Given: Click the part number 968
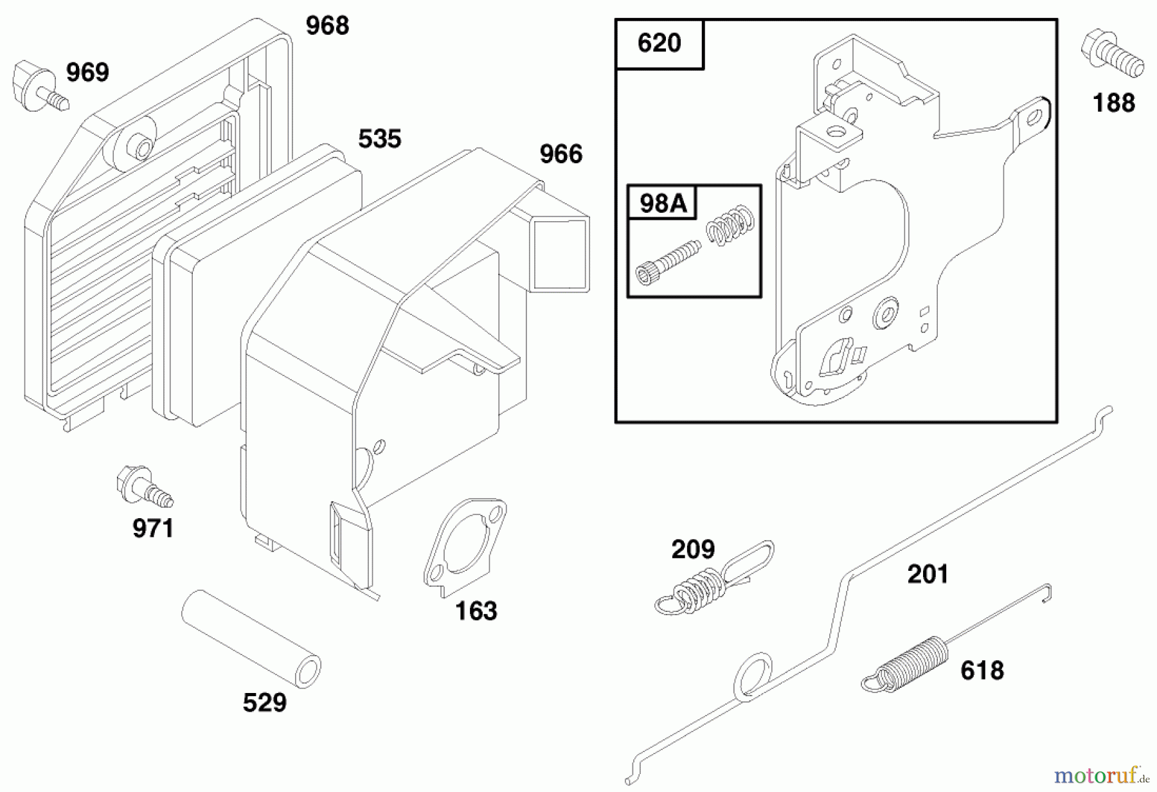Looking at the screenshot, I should [327, 26].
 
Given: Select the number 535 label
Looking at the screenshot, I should [379, 139].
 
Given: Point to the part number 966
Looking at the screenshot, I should [561, 154].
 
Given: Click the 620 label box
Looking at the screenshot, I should [659, 44].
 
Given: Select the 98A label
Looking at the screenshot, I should [663, 203].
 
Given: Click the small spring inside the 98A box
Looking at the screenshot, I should [730, 225].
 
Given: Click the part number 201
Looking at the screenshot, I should [927, 574].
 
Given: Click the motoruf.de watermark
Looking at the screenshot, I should [1101, 775].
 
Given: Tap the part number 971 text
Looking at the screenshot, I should [153, 528].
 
